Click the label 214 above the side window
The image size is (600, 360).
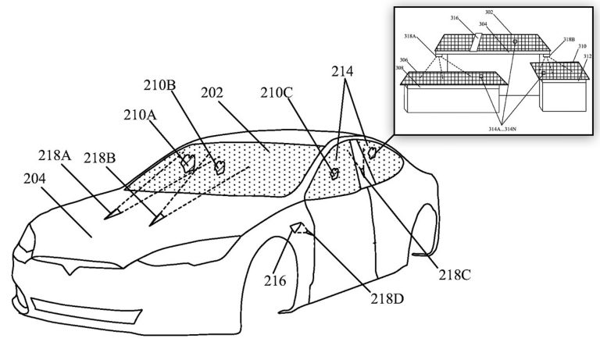(341, 72)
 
